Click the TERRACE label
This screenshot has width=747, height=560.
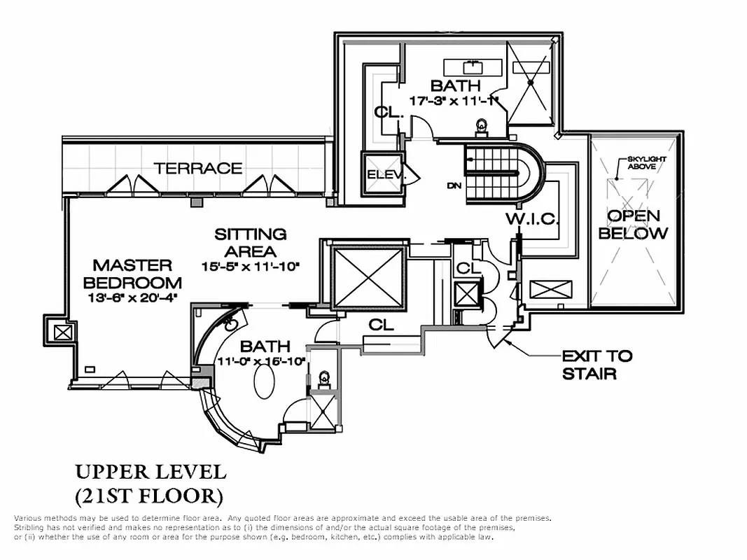pos(198,168)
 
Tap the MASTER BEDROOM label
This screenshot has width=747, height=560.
pos(132,274)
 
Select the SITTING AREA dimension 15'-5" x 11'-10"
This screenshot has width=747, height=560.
pos(250,266)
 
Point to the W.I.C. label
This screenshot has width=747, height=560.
pos(533,219)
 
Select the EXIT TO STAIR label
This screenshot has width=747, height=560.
pos(596,365)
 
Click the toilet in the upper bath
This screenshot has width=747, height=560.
pos(482,127)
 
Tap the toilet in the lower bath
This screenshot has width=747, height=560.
pos(323,379)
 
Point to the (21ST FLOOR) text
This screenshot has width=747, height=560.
pos(148,496)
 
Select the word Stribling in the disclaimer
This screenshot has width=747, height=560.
pos(29,527)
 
